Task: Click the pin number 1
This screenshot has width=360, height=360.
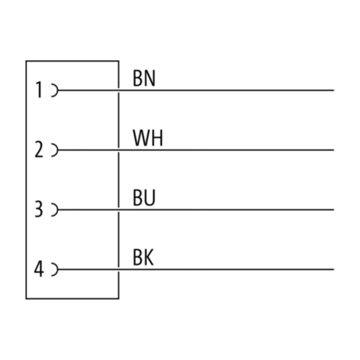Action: coord(39,90)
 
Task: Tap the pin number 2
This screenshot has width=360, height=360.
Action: coord(39,149)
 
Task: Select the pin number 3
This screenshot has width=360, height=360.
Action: coord(39,209)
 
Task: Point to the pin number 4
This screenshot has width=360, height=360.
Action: coord(39,269)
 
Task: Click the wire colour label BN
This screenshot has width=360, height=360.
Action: coord(144,78)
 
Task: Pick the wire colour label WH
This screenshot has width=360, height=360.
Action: coord(148,138)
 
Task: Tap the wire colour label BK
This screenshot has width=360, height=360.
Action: coord(143,257)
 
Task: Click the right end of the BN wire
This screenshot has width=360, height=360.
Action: coord(333,90)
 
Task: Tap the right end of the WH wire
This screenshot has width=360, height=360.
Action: coord(333,150)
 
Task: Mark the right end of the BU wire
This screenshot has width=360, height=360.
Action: coord(333,209)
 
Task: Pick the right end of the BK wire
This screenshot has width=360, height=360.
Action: coord(333,269)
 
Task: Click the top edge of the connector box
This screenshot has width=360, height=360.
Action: coord(72,61)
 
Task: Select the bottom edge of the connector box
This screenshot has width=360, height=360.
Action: coord(72,298)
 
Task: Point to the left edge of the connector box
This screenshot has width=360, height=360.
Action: coord(26,180)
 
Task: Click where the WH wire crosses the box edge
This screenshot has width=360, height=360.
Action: coord(118,150)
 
